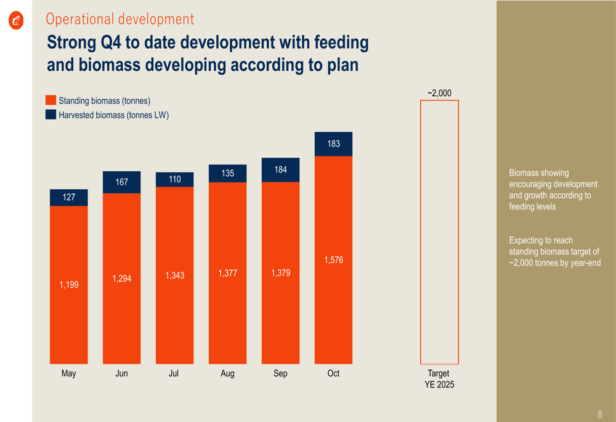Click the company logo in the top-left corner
coord(16,21)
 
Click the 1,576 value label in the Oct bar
coord(333,261)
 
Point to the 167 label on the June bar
coord(122,182)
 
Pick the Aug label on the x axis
coord(227,373)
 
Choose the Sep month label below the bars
coord(280,373)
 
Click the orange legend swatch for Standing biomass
coord(51,100)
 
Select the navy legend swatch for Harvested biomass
coord(51,115)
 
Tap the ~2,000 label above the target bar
coord(439,93)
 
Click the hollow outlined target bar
coord(439,232)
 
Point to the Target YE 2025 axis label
coord(439,379)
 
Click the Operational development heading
coord(120,19)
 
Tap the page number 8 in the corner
coord(600,415)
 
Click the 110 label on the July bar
coord(175,179)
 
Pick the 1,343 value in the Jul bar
coord(175,275)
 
